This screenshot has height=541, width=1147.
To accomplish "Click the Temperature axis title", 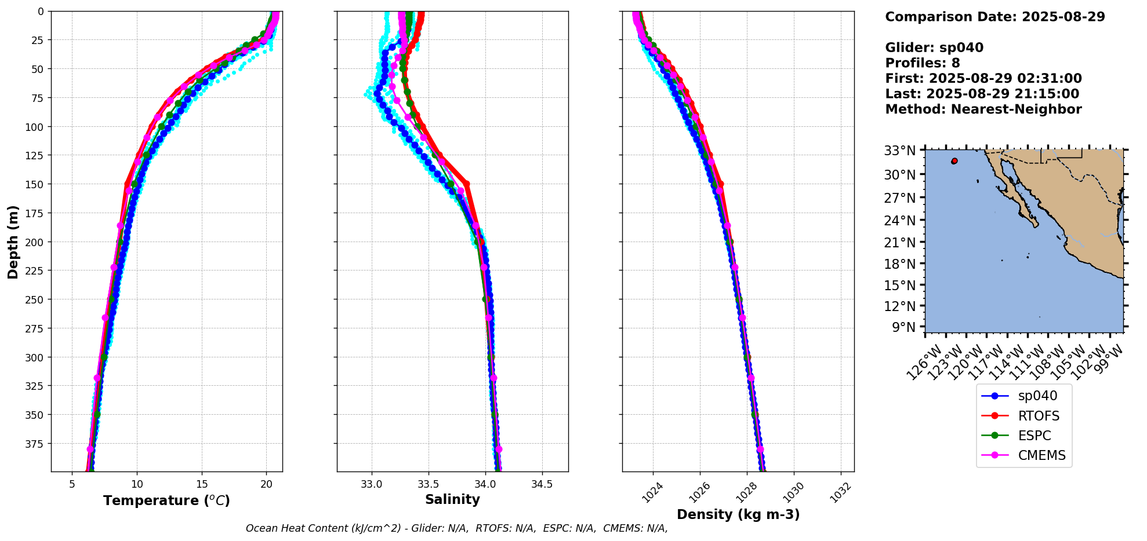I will (x=166, y=500).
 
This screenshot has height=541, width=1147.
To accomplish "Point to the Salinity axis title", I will (x=452, y=500).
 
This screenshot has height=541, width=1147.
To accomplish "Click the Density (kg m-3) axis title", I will (x=738, y=514).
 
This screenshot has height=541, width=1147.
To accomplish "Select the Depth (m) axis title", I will (x=13, y=242).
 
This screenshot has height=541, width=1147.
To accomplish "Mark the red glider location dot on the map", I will (x=954, y=161).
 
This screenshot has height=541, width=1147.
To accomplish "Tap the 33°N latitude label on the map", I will (x=899, y=151).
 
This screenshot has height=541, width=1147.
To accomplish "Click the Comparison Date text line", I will (x=994, y=17).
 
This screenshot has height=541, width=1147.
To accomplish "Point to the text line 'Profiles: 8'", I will (x=922, y=63).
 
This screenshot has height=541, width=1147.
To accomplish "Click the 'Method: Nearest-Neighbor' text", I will (x=983, y=109).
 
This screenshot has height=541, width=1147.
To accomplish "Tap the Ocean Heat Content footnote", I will (x=456, y=528).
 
